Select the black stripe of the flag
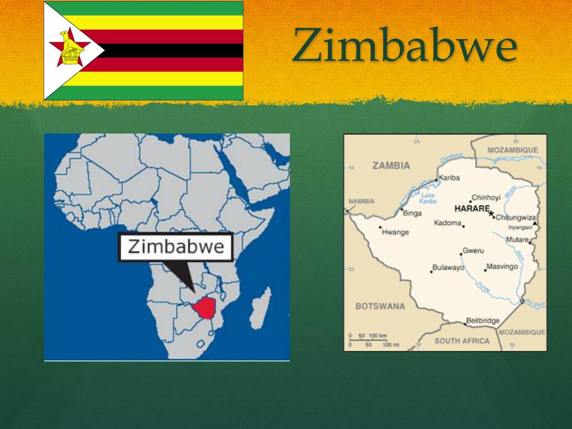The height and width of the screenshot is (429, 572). pos(168,50)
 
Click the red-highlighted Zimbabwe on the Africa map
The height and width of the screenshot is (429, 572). pos(205,308)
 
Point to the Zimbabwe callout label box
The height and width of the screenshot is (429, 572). pos(175,247)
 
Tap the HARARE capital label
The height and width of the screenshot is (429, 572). pos(471,208)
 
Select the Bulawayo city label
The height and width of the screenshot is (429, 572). pos(448,268)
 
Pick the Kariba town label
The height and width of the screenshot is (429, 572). pos(449,178)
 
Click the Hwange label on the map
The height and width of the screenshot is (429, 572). pos(395,232)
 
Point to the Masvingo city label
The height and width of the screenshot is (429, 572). pos(502,266)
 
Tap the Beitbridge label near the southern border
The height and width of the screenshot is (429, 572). pos(483,321)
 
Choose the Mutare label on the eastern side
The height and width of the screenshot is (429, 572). pos(517,240)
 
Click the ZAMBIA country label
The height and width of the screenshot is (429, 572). pos(391,165)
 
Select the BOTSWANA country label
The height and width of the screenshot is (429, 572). pos(380,306)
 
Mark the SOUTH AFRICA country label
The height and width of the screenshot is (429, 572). pos(461,341)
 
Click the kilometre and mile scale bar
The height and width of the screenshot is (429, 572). pos(368,340)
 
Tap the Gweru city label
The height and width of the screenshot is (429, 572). pos(474,251)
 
